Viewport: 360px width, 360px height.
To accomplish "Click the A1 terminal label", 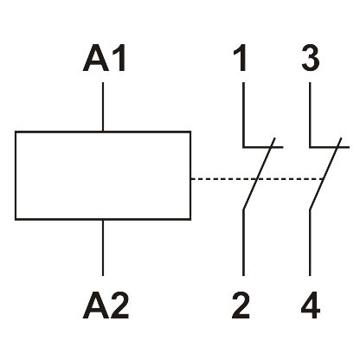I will click(104, 60).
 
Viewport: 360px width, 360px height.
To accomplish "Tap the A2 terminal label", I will click(104, 305).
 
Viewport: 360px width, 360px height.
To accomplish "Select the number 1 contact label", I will click(243, 60).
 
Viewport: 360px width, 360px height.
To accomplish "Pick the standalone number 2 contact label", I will click(243, 305).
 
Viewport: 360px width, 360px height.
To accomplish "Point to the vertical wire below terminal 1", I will click(243, 112).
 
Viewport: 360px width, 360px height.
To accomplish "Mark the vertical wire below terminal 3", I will click(310, 112).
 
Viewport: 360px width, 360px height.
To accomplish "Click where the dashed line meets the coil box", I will click(190, 179).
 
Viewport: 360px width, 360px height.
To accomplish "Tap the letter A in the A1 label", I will click(94, 60).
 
